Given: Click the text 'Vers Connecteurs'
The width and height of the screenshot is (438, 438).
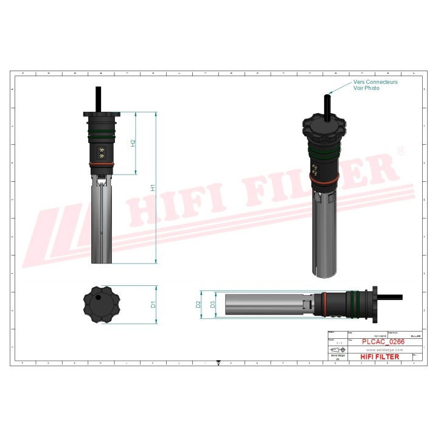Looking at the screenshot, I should [x=375, y=82].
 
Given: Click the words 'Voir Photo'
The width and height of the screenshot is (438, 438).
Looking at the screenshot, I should [x=366, y=88].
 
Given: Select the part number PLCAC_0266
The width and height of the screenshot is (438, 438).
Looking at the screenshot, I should [x=383, y=342].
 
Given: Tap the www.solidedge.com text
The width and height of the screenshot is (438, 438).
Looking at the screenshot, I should [x=382, y=349].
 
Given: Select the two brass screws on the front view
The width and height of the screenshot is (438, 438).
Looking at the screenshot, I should [x=101, y=153].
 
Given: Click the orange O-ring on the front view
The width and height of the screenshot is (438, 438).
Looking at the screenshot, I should [x=101, y=164].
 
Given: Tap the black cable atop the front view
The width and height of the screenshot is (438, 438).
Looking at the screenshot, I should [x=98, y=99].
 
